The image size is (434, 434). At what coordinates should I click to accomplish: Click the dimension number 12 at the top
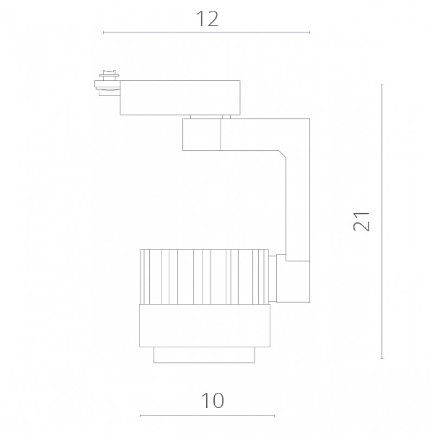coord(207,19)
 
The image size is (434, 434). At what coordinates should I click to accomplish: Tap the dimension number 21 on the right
coord(361,221)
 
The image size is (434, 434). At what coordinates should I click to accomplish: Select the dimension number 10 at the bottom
coord(212,400)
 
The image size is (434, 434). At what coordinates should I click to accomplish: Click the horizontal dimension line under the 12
coord(207,33)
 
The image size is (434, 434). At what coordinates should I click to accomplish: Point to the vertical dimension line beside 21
coord(382,221)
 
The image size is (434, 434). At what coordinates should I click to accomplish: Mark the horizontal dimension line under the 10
coord(207,416)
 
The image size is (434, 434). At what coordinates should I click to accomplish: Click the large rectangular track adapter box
coord(180,98)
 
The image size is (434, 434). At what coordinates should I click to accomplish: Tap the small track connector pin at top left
coord(107,83)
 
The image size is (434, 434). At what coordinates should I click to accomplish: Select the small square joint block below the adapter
coord(201,135)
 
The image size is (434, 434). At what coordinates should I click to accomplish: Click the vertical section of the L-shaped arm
coord(298,205)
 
